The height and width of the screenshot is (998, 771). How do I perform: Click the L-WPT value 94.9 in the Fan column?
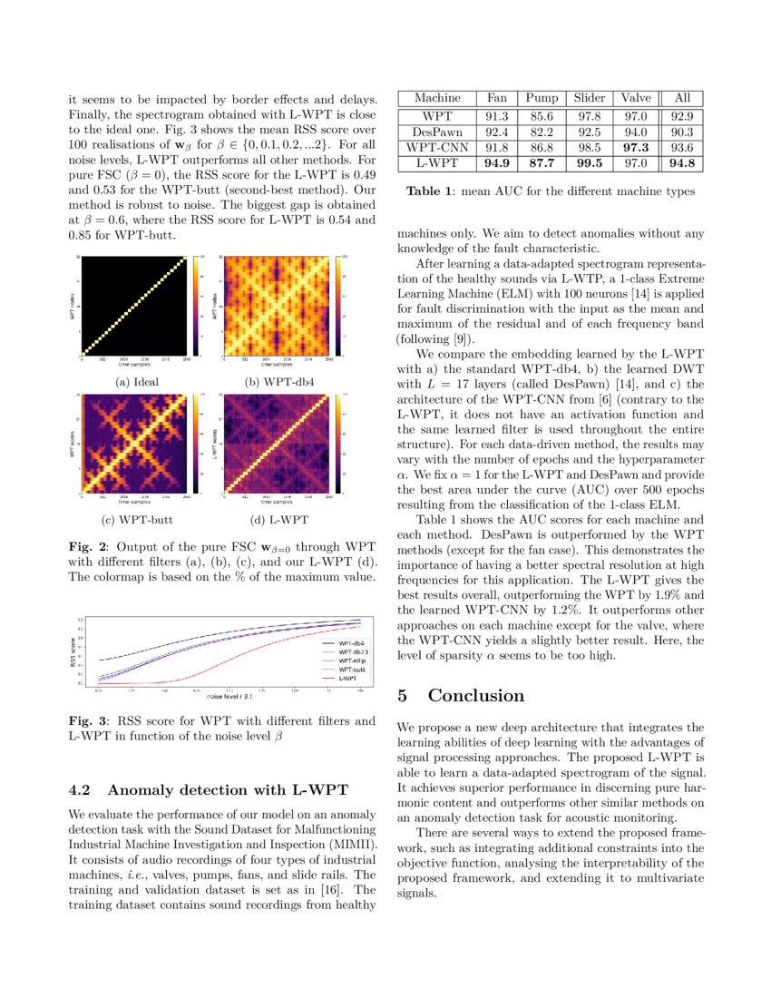coord(497,163)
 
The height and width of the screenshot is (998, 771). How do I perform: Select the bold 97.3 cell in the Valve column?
coord(636,147)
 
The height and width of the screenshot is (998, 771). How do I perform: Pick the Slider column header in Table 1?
coord(589,98)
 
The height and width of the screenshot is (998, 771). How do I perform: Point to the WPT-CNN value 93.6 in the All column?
coord(682,147)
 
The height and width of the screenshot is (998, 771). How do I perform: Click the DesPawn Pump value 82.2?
coord(542,132)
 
